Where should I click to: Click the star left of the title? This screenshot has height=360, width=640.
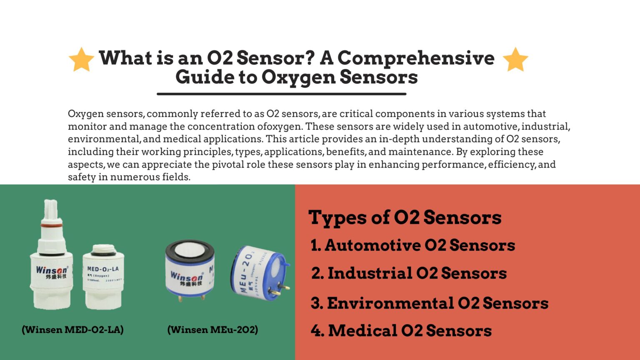point(81,60)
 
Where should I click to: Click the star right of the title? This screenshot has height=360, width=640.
point(515,60)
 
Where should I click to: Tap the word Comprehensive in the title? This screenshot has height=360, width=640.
point(416,58)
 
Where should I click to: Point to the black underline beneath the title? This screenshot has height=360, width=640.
point(281,94)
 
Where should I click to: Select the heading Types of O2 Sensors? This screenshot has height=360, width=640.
point(405,217)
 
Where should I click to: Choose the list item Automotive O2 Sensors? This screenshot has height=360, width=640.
point(412,245)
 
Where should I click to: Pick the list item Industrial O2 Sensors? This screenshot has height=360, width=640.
point(409,273)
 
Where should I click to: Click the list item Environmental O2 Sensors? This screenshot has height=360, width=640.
point(429,303)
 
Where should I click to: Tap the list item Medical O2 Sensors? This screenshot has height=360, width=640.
point(401,331)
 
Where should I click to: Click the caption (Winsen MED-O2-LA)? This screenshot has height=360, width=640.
point(72,330)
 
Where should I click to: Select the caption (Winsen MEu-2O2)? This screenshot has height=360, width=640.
point(212,330)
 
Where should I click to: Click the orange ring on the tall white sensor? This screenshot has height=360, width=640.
point(51,225)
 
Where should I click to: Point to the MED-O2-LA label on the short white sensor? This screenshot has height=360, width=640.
point(102,269)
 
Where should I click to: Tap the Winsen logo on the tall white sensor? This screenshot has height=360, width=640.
point(51,270)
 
